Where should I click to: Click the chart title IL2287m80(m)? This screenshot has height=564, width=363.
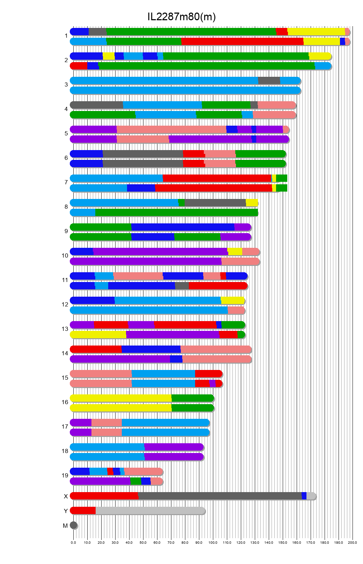coord(181,17)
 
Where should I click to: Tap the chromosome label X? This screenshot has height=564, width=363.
coord(66,496)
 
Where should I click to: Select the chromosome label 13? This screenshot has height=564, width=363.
coord(65,329)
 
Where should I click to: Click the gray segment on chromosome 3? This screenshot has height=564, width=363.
coord(269,81)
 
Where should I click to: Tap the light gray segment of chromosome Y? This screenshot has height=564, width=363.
coord(150,511)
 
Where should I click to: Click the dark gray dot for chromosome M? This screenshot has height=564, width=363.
coord(73,525)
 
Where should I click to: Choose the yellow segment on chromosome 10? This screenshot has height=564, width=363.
coord(235,252)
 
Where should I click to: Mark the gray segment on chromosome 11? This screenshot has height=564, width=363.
coord(182,286)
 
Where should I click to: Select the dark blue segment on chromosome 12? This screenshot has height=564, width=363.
coord(92,300)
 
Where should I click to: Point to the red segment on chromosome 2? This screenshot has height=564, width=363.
coord(79,66)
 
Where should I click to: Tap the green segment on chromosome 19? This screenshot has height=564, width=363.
coord(135,481)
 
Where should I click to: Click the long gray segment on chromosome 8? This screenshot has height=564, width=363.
coord(215,203)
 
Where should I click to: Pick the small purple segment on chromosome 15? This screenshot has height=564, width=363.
coord(212,384)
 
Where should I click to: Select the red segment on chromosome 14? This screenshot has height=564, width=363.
coord(96,349)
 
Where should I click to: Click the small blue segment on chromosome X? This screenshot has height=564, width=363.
coord(304,496)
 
